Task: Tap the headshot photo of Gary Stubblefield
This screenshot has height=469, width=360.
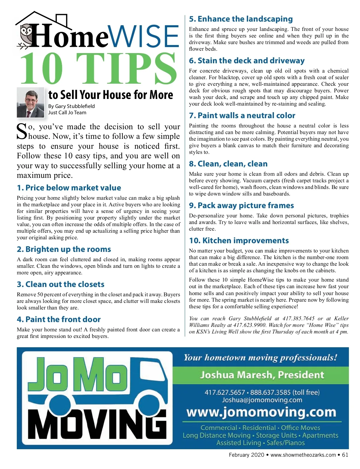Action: click(30, 102)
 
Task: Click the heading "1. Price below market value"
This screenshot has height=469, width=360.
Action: click(69, 188)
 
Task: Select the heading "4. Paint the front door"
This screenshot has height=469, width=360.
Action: click(59, 319)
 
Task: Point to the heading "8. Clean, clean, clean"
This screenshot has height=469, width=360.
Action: click(228, 164)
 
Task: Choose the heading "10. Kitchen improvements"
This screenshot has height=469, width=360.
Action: click(239, 240)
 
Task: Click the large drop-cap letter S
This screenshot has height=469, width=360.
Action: click(22, 131)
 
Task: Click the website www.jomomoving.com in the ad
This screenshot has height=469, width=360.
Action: click(261, 413)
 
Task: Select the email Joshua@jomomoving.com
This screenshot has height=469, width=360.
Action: click(262, 400)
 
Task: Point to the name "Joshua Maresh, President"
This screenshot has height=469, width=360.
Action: click(262, 375)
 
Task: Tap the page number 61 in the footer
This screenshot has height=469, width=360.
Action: click(345, 455)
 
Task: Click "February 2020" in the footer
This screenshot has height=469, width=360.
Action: click(246, 455)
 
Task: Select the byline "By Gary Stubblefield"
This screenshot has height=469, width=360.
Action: click(71, 106)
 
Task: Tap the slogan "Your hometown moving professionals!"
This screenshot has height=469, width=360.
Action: click(260, 357)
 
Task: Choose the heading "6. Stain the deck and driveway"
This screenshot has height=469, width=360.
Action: click(247, 61)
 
